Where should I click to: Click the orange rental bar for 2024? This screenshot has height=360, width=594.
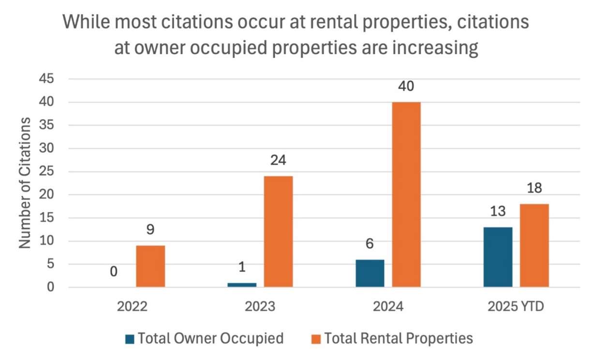click(406, 195)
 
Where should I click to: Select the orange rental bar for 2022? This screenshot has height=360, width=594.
click(150, 266)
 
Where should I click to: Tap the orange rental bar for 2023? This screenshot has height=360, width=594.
click(278, 231)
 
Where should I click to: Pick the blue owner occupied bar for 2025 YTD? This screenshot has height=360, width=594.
click(497, 257)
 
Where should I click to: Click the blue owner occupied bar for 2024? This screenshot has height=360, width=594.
click(370, 273)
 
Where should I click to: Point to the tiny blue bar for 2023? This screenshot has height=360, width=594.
click(242, 285)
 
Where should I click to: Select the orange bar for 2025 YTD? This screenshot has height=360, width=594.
click(534, 245)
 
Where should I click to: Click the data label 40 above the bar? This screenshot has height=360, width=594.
click(406, 87)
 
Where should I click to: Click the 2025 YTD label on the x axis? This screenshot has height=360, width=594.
click(516, 307)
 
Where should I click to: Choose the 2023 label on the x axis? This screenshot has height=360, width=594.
click(260, 307)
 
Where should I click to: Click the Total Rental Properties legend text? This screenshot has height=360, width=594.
click(398, 339)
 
